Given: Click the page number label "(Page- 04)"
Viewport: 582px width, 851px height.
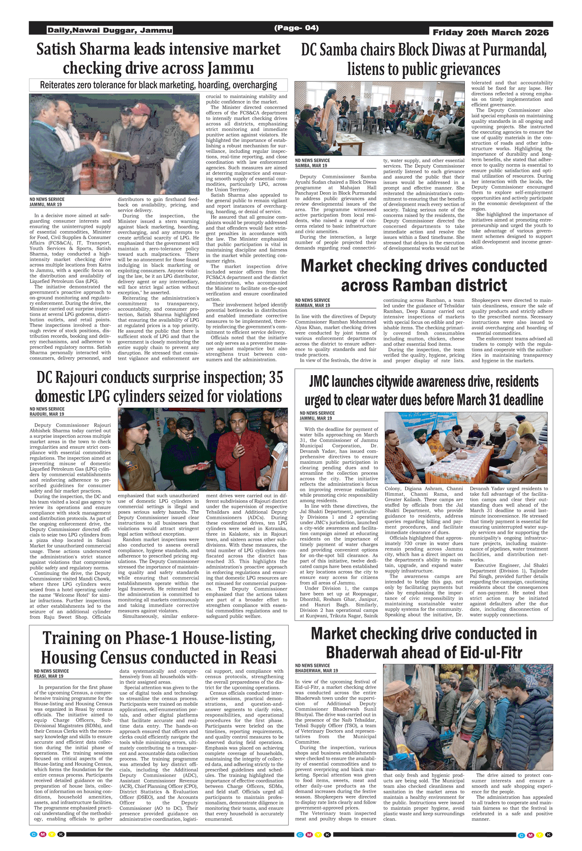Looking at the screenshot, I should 296,28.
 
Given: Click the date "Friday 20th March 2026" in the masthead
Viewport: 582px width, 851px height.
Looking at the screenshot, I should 490,33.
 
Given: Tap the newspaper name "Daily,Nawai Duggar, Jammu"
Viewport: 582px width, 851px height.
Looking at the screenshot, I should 110,30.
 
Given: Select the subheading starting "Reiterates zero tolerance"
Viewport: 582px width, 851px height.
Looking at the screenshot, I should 158,85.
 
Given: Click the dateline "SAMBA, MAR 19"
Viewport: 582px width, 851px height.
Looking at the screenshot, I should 311,166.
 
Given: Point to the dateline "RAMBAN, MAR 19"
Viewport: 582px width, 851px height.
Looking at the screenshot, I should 312,305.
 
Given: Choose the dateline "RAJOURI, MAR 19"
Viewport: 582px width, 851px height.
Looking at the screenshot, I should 47,414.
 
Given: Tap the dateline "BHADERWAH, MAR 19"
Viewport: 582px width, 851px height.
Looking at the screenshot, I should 316,670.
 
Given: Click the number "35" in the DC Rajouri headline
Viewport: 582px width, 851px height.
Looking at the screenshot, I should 275,377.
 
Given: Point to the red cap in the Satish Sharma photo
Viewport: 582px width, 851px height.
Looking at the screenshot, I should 147,109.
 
